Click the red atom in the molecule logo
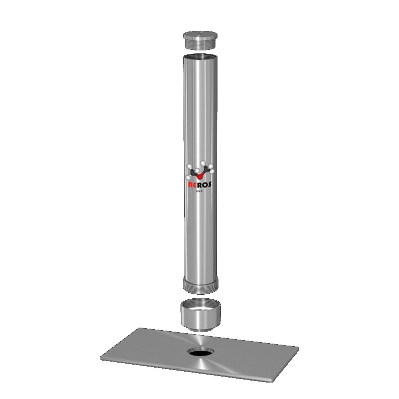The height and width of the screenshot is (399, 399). (200, 176)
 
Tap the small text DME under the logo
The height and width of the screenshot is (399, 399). (199, 191)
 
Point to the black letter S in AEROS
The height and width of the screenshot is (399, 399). (208, 185)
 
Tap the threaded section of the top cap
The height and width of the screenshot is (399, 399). (200, 45)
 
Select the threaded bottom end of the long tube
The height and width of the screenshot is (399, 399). (200, 284)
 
